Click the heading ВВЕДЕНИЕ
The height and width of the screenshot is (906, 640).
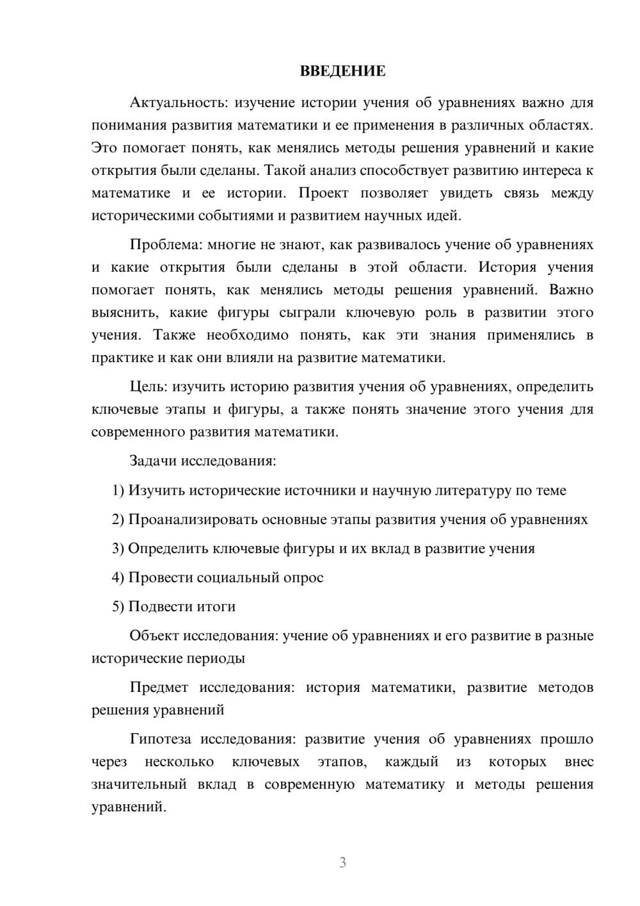[342, 71]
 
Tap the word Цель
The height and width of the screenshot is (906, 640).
[149, 387]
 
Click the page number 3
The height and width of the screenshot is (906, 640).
[342, 862]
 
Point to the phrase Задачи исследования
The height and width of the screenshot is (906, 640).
[202, 461]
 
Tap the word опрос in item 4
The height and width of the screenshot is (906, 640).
[304, 577]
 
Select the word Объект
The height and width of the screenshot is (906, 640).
[154, 636]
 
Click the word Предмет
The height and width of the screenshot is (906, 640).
[159, 688]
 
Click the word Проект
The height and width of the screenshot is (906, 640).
[323, 193]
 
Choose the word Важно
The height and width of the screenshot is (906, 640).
[571, 290]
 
